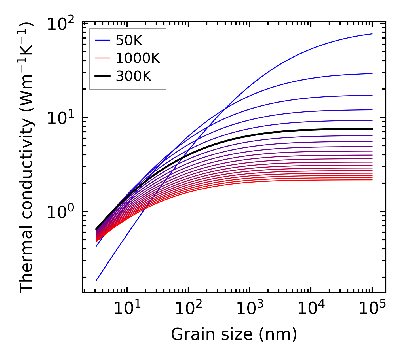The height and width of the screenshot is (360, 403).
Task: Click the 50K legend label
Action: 129,41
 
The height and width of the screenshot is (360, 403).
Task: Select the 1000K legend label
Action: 138,58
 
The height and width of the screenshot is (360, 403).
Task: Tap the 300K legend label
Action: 134,76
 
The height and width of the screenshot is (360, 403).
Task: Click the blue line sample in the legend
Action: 102,41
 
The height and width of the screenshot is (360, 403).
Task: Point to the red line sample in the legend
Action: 102,58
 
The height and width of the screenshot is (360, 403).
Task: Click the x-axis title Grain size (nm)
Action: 234,334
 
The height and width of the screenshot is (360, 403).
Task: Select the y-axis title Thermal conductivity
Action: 27,157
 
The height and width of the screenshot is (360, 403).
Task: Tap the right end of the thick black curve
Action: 372,129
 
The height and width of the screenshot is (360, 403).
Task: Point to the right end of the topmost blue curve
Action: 372,34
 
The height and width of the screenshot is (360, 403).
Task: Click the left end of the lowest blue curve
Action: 96,280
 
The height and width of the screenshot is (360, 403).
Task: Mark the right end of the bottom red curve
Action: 372,180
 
